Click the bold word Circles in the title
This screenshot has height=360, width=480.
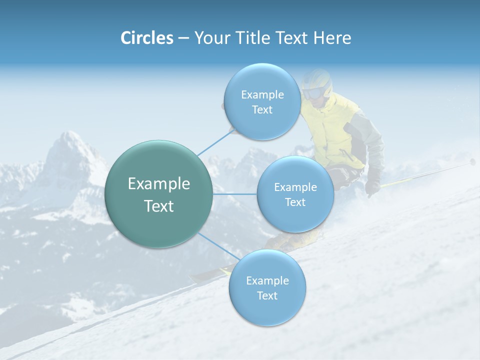point(147,38)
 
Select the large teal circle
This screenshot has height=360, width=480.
point(159,194)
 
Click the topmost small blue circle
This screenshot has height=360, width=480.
point(262,101)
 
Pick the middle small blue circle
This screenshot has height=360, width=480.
point(295,194)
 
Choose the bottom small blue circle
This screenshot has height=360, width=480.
point(267,287)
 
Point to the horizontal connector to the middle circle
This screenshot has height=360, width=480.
point(234,194)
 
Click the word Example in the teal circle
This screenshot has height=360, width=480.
point(159,184)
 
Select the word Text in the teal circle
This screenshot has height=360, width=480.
point(159,206)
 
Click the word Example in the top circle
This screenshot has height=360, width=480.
point(262,94)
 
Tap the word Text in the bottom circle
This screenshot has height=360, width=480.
point(267,295)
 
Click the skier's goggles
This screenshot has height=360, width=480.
point(314,93)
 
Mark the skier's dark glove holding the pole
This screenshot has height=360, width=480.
point(372,188)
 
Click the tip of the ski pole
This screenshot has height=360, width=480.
point(472,161)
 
